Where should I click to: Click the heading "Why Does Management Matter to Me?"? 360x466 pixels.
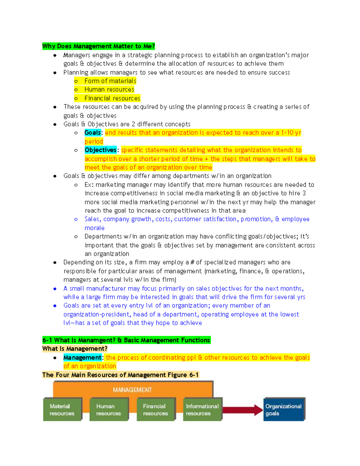(x=98, y=46)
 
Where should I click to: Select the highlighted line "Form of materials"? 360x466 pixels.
(x=110, y=81)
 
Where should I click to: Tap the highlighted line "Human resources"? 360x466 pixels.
(x=109, y=89)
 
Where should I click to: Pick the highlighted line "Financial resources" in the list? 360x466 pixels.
(x=112, y=98)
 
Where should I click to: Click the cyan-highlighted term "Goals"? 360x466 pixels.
(x=92, y=133)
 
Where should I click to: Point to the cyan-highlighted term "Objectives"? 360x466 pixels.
(x=100, y=150)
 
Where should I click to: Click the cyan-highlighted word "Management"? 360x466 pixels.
(x=82, y=357)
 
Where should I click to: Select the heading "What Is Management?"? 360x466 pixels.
(x=75, y=349)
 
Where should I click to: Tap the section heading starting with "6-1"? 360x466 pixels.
(x=126, y=340)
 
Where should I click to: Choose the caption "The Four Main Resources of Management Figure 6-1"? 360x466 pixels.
(x=120, y=375)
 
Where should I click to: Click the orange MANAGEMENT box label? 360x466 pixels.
(x=132, y=390)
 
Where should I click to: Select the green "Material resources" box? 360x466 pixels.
(x=62, y=410)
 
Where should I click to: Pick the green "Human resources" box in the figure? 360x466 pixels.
(x=109, y=410)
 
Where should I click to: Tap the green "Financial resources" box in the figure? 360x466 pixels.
(x=155, y=410)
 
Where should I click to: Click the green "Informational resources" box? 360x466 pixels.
(x=202, y=410)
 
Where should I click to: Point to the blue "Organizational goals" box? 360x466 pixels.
(x=283, y=410)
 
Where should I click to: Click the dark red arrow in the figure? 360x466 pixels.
(x=242, y=410)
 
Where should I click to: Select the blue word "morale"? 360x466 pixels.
(x=94, y=228)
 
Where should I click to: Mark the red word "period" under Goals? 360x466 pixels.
(x=94, y=142)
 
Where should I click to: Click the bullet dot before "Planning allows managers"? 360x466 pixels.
(x=55, y=73)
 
